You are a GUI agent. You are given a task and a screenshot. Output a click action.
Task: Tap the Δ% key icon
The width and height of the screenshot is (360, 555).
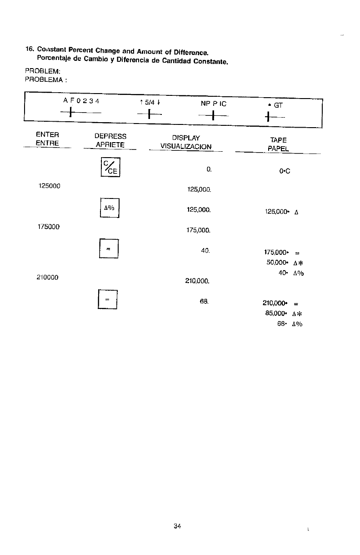pos(109,209)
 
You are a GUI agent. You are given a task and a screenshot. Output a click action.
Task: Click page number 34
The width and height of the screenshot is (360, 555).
pos(177,526)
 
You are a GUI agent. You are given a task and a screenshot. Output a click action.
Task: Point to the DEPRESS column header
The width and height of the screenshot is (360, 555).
pos(110,136)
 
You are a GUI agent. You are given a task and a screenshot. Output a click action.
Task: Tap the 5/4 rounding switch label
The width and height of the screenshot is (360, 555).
pos(150,103)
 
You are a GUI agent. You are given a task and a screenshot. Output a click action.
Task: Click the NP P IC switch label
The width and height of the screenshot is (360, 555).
pos(214,104)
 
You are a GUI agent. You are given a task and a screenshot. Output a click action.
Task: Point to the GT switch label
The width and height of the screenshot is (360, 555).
pos(276,104)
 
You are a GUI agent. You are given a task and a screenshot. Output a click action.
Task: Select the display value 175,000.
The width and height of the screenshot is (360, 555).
pos(198,230)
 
